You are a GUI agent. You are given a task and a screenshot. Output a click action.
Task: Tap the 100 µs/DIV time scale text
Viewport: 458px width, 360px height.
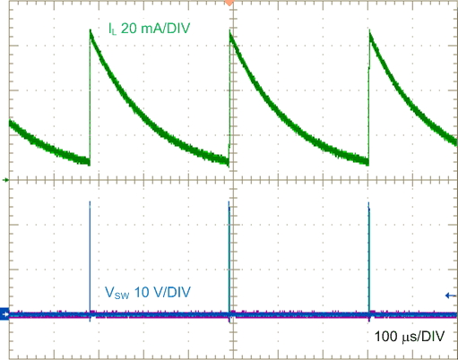(414, 338)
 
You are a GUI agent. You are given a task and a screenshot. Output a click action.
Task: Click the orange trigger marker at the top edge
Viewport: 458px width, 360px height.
(230, 3)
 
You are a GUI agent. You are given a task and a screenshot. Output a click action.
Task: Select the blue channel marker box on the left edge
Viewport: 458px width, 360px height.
(4, 313)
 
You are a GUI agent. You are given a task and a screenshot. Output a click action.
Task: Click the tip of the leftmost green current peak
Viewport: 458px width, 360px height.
(91, 30)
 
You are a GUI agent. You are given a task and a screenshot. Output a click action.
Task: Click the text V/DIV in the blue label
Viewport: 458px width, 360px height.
(170, 292)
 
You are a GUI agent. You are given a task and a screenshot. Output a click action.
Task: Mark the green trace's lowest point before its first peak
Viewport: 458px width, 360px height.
(89, 163)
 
